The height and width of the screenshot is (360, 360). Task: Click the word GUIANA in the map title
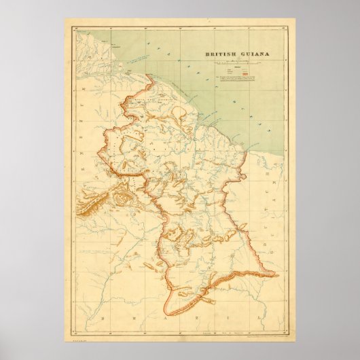243,58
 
